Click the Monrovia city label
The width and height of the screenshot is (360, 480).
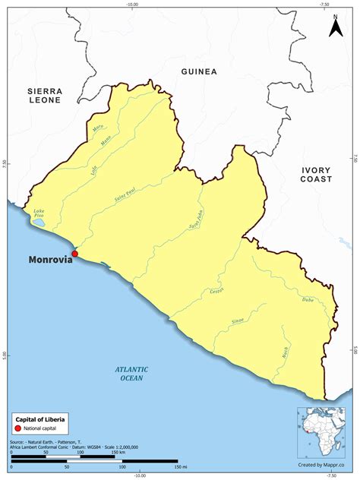coord(50,259)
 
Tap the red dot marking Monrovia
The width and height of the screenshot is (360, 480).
coord(74,254)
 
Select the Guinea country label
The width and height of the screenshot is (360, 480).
coord(199,71)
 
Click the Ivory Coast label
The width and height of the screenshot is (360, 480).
coord(317,174)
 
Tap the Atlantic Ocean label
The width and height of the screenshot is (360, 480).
coord(132,373)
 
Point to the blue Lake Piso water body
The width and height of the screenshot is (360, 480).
coord(37,223)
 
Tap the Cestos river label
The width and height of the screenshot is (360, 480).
coord(215,293)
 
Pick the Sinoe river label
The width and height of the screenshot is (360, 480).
coord(238,322)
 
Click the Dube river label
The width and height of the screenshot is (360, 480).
coord(307,300)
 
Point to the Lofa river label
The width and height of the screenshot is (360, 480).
coord(94,171)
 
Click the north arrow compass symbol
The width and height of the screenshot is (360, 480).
coord(334,27)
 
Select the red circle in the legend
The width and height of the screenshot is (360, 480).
coord(19,429)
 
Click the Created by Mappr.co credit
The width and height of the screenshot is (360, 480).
coord(321,463)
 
